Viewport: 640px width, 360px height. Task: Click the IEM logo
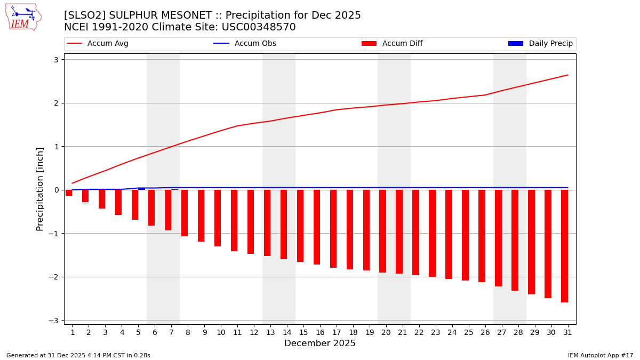[23, 17]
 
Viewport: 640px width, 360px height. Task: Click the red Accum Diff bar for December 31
[564, 246]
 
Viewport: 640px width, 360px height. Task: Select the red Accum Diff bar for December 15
[300, 226]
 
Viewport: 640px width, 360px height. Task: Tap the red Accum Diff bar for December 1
[69, 193]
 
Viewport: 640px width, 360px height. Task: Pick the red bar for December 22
[415, 233]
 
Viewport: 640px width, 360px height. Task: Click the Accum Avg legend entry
[98, 44]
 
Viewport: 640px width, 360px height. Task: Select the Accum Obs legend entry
[245, 44]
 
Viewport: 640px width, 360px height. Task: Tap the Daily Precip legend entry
[541, 44]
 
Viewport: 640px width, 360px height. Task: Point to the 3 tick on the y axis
[55, 60]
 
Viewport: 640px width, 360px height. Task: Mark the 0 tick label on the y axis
[55, 190]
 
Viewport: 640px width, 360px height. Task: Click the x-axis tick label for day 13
[270, 333]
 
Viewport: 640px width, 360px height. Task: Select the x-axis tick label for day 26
[485, 333]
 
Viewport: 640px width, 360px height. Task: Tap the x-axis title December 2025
[319, 343]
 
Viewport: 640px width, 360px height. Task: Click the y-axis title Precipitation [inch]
[40, 189]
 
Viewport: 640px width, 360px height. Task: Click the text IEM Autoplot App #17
[600, 355]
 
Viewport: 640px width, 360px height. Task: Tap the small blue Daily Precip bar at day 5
[141, 189]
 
